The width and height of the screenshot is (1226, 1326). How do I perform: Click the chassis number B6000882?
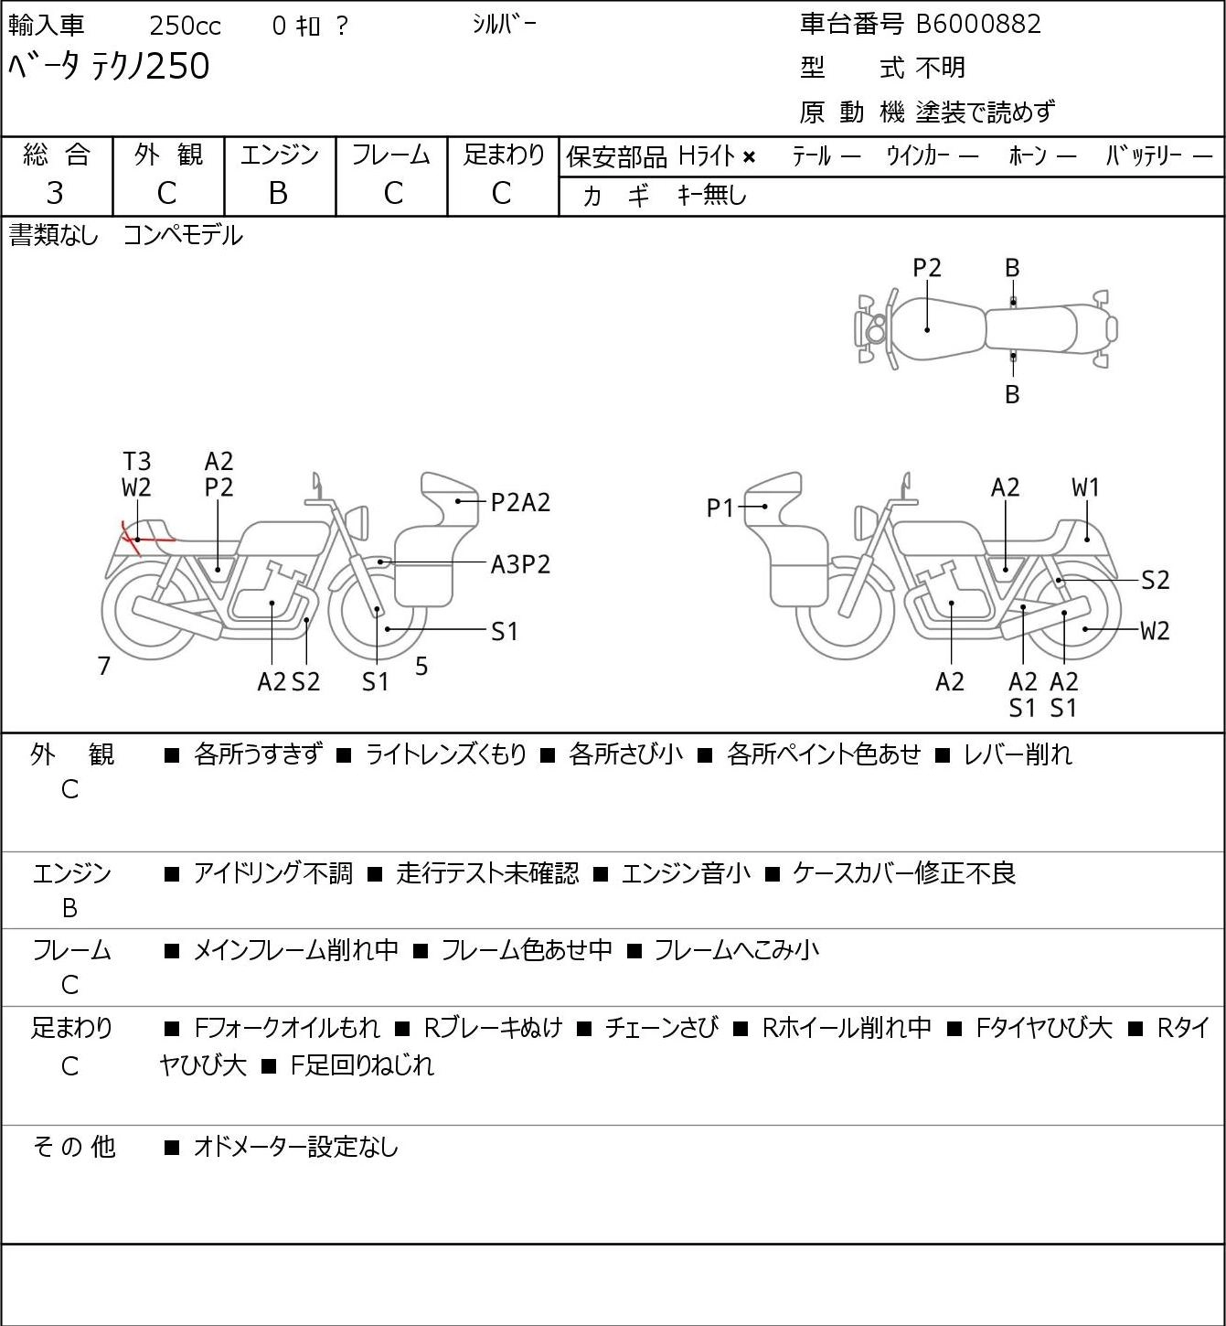pyautogui.click(x=978, y=25)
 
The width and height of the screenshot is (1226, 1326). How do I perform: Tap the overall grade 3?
pyautogui.click(x=55, y=194)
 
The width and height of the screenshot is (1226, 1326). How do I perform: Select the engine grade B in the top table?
pyautogui.click(x=279, y=194)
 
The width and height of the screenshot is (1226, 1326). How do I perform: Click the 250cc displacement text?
pyautogui.click(x=185, y=26)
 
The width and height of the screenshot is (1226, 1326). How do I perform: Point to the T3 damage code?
pyautogui.click(x=137, y=462)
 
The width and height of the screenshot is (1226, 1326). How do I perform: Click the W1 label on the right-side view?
pyautogui.click(x=1085, y=488)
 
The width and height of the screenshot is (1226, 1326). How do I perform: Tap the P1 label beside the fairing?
pyautogui.click(x=720, y=508)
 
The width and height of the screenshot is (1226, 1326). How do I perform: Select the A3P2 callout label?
pyautogui.click(x=520, y=565)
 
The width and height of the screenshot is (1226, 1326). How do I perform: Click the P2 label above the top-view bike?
pyautogui.click(x=927, y=269)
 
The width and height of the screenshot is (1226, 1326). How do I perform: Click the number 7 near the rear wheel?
pyautogui.click(x=103, y=666)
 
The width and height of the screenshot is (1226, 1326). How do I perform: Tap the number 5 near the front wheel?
pyautogui.click(x=421, y=666)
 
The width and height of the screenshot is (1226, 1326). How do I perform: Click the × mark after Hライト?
pyautogui.click(x=750, y=157)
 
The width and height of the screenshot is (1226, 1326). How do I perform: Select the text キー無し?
pyautogui.click(x=712, y=195)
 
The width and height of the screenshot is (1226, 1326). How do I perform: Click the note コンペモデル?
pyautogui.click(x=183, y=236)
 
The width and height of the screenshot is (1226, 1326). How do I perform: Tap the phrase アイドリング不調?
pyautogui.click(x=272, y=873)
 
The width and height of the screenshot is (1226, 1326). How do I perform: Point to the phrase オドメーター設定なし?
pyautogui.click(x=296, y=1147)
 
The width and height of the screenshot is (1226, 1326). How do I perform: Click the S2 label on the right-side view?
pyautogui.click(x=1156, y=580)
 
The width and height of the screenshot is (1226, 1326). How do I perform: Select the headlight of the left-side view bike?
pyautogui.click(x=357, y=523)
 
